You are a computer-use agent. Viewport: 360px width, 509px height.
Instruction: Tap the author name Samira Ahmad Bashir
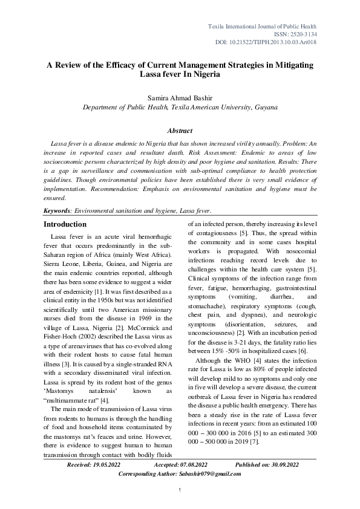coord(180,97)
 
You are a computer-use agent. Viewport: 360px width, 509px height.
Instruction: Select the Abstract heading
coord(180,131)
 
